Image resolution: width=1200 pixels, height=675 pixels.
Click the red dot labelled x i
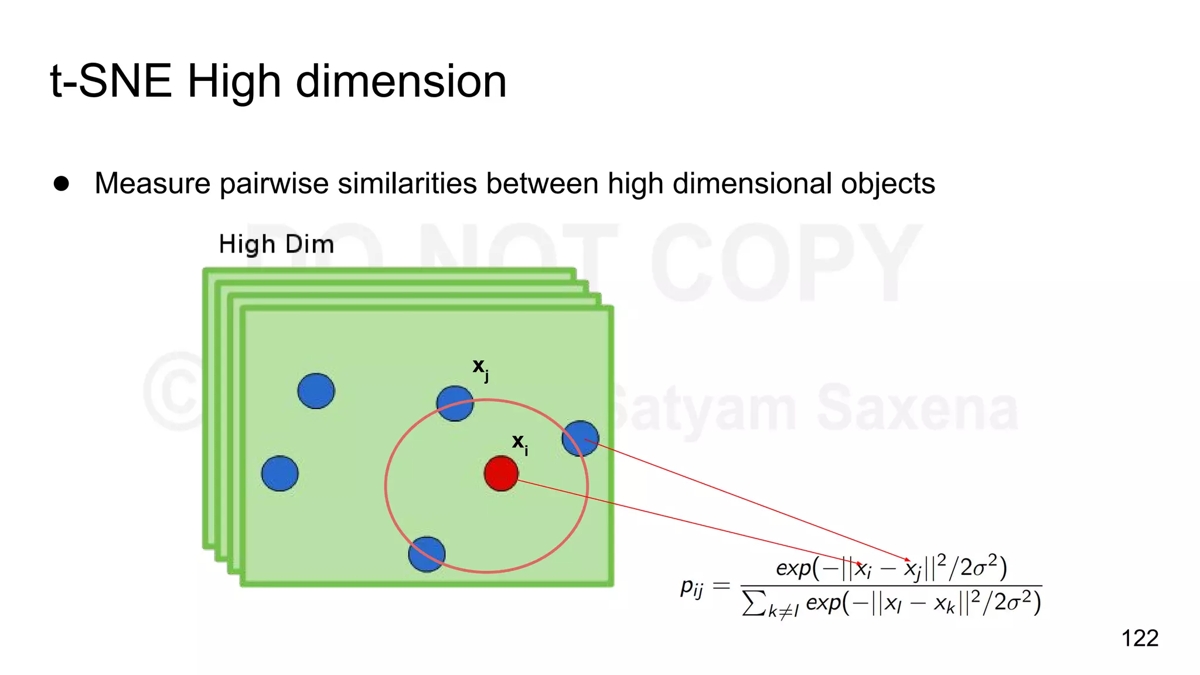[501, 473]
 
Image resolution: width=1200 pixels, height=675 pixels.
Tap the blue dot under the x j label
[455, 404]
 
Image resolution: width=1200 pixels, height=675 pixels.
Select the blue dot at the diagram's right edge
[580, 438]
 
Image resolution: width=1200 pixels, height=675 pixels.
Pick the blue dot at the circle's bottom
[427, 554]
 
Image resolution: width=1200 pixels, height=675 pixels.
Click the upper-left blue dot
[316, 391]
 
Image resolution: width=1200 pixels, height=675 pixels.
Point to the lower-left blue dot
[279, 473]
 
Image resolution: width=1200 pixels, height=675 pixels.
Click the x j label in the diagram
[480, 369]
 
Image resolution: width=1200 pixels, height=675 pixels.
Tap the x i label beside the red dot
[520, 444]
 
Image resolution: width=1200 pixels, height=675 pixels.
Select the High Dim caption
[276, 244]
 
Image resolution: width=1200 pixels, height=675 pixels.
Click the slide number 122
[1140, 638]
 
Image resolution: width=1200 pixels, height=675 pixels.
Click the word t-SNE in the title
[111, 81]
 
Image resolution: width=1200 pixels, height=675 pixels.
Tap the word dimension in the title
[401, 81]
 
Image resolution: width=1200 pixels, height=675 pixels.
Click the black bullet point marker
[61, 183]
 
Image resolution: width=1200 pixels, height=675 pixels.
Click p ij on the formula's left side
[691, 587]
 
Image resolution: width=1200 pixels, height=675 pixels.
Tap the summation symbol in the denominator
[754, 602]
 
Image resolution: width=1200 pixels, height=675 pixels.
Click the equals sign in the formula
[721, 585]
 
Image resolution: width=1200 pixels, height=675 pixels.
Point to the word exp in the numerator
[793, 568]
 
